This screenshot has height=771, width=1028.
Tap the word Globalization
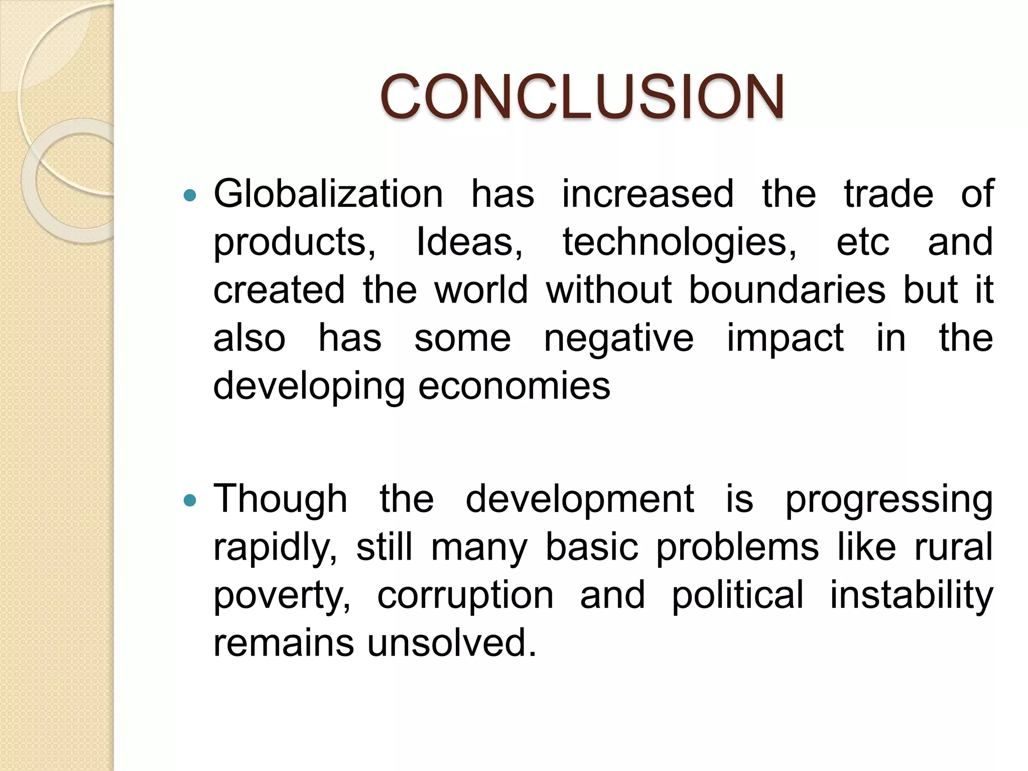pyautogui.click(x=328, y=194)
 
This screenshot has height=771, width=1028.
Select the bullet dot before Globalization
pyautogui.click(x=190, y=195)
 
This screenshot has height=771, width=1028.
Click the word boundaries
pyautogui.click(x=787, y=290)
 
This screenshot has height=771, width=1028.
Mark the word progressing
pyautogui.click(x=888, y=500)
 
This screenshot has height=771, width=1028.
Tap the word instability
pyautogui.click(x=911, y=595)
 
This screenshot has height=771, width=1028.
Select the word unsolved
pyautogui.click(x=452, y=643)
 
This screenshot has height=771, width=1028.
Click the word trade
pyautogui.click(x=888, y=194)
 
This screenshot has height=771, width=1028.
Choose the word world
pyautogui.click(x=481, y=290)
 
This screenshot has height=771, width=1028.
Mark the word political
pyautogui.click(x=737, y=595)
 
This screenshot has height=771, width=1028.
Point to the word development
pyautogui.click(x=580, y=500)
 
